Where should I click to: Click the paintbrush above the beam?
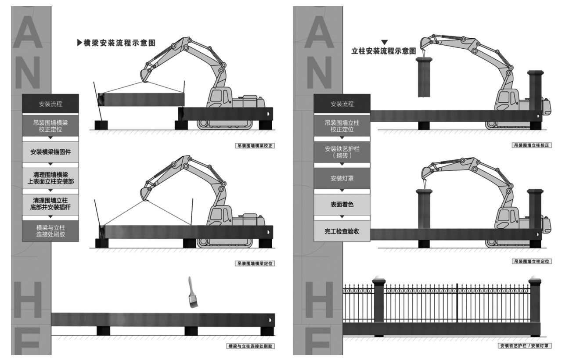[x=193, y=292]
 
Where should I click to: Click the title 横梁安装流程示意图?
[x=119, y=43]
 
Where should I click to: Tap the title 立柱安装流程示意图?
[x=384, y=51]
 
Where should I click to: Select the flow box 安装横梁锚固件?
[x=50, y=152]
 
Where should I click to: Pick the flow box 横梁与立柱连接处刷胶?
[x=50, y=231]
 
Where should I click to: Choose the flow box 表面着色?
[x=342, y=205]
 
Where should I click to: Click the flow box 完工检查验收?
[x=342, y=231]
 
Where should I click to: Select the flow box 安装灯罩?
[x=342, y=178]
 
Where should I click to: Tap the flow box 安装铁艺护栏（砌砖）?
[x=342, y=152]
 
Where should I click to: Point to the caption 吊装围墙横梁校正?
[x=255, y=146]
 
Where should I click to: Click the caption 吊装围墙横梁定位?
[x=255, y=263]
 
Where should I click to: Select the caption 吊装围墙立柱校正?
[x=532, y=145]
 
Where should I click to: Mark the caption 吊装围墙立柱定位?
[x=532, y=261]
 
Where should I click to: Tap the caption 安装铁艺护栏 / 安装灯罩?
[x=525, y=346]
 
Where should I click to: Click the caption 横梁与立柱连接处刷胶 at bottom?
[x=250, y=346]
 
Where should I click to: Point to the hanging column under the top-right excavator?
[x=424, y=77]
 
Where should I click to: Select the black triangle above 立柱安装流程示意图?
[x=384, y=42]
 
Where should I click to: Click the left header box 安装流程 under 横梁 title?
[x=50, y=104]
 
